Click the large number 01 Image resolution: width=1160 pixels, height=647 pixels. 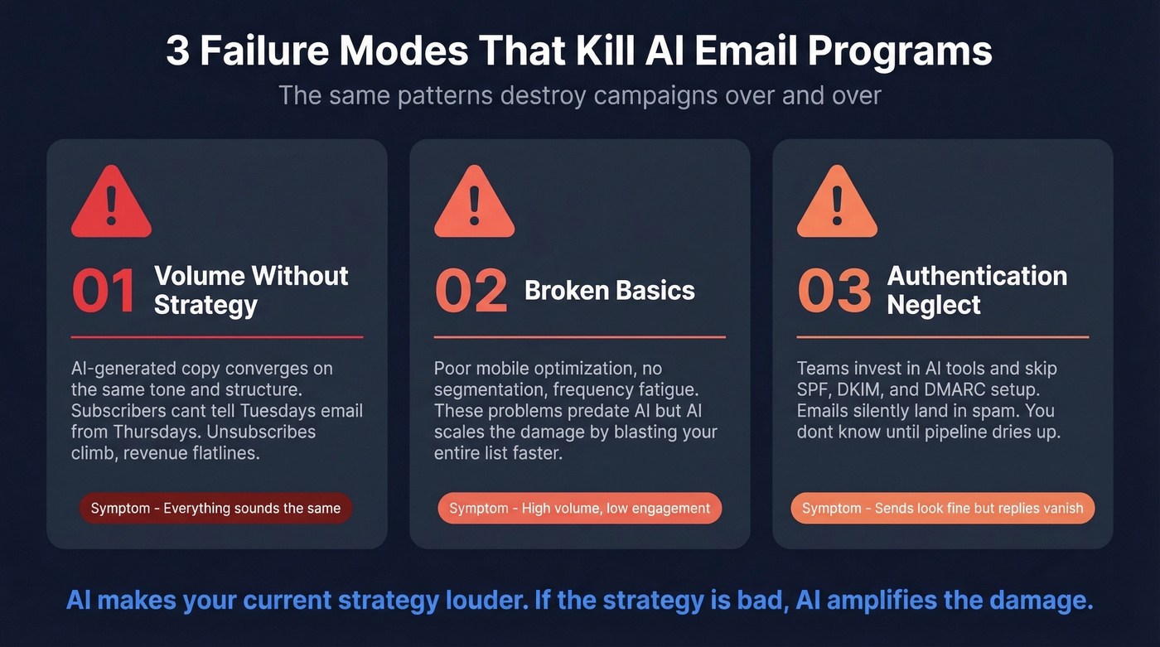pyautogui.click(x=104, y=291)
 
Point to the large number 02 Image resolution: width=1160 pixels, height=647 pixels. pyautogui.click(x=470, y=291)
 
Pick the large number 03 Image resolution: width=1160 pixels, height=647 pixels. pyautogui.click(x=834, y=291)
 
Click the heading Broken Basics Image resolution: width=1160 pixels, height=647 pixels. pyautogui.click(x=610, y=291)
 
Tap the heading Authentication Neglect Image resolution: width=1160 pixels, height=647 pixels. pyautogui.click(x=977, y=290)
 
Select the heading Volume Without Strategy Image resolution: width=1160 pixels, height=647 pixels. pyautogui.click(x=251, y=290)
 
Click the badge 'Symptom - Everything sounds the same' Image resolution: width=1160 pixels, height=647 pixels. pyautogui.click(x=215, y=509)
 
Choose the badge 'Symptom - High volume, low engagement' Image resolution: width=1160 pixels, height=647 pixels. pyautogui.click(x=579, y=509)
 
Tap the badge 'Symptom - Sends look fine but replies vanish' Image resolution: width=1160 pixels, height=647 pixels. pyautogui.click(x=942, y=509)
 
